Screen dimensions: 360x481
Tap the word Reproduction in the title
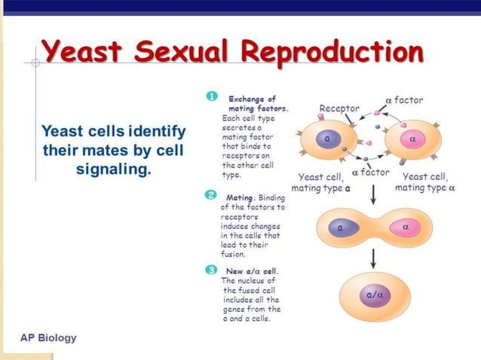tap(332, 53)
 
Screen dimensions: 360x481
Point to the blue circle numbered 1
tap(212, 96)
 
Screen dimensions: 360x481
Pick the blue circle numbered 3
tap(212, 269)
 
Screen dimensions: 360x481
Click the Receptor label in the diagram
tap(339, 108)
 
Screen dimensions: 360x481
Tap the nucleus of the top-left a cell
tap(326, 139)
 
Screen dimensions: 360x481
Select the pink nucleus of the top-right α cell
tap(412, 139)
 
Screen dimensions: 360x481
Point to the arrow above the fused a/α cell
tap(372, 258)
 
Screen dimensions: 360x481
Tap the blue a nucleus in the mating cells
tap(341, 226)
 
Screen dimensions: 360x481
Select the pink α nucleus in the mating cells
tap(406, 226)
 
